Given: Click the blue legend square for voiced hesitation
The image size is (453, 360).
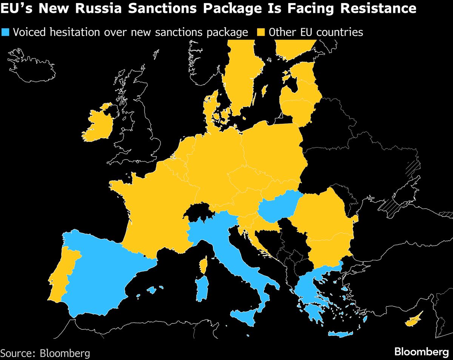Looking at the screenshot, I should (6, 32).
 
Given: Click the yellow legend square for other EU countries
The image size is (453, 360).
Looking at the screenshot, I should (261, 32).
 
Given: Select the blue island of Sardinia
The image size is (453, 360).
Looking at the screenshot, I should (202, 289).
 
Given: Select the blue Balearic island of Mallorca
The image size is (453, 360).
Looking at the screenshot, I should (152, 290).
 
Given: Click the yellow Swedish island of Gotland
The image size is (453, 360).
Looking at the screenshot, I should (265, 90).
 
